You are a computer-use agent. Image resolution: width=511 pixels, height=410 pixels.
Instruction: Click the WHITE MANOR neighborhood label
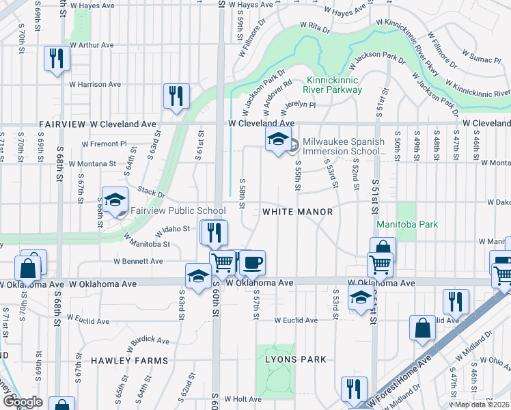click(297, 212)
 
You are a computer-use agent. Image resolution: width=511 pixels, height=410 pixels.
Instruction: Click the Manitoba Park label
click(408, 224)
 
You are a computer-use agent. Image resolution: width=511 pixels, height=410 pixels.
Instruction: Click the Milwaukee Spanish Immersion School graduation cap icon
click(277, 141)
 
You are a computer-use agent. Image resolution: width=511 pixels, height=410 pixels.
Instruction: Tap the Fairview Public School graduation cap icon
click(115, 200)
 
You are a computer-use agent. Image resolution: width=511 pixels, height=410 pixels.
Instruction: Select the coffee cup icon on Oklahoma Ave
click(253, 262)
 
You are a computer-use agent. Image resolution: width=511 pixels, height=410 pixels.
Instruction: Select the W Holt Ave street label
click(243, 398)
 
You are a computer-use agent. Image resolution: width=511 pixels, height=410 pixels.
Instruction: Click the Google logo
click(23, 402)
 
